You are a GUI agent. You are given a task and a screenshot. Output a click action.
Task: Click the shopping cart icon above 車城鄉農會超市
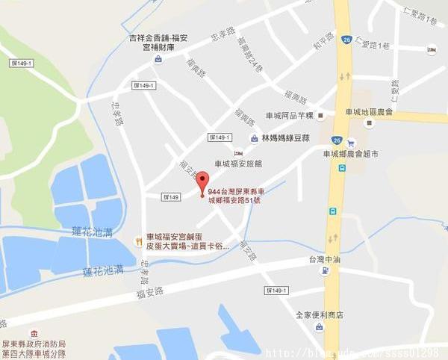[351, 143]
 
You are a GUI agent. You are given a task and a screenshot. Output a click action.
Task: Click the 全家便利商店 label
[319, 315]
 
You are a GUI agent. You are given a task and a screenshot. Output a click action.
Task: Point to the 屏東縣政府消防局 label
[34, 344]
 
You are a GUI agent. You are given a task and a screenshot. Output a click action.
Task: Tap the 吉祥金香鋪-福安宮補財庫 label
[159, 42]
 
